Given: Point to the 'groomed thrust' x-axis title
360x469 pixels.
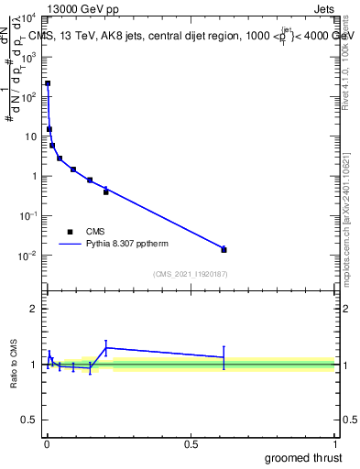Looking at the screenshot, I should point(304,457).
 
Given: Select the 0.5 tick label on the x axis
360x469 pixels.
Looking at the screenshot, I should point(191,444).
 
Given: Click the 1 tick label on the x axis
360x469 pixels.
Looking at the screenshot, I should point(335,444).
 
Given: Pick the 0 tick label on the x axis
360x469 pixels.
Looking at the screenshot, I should point(47,444).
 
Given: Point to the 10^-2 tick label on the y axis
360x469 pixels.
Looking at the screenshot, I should point(28,256).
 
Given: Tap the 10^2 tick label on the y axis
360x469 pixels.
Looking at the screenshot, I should point(28,96).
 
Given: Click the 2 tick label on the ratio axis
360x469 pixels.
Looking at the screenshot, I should point(33,309).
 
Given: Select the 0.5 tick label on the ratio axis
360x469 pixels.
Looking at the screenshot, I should point(28,422).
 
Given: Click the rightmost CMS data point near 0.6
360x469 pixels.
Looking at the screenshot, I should point(224,249).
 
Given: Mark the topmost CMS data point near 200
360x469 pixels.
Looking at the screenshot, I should point(48,83).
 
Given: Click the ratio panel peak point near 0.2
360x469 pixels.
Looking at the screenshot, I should point(106,347).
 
